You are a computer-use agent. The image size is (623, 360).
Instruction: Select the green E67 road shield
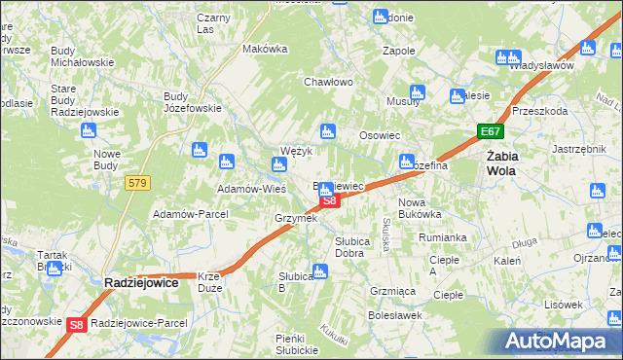click(x=490, y=130)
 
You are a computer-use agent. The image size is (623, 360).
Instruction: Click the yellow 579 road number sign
click(x=136, y=182)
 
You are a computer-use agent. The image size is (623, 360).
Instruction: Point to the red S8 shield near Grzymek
click(x=329, y=201)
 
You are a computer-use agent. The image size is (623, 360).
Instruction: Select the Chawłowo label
click(x=326, y=83)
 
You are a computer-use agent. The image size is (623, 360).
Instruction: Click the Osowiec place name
click(x=381, y=136)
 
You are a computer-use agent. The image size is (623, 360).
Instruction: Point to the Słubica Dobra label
click(x=349, y=246)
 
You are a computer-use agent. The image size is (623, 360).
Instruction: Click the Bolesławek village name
click(x=393, y=315)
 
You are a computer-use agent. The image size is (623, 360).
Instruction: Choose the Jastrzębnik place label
click(x=579, y=149)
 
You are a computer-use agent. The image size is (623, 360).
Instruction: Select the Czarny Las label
click(x=219, y=23)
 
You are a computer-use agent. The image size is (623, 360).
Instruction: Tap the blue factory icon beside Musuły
click(x=417, y=93)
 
